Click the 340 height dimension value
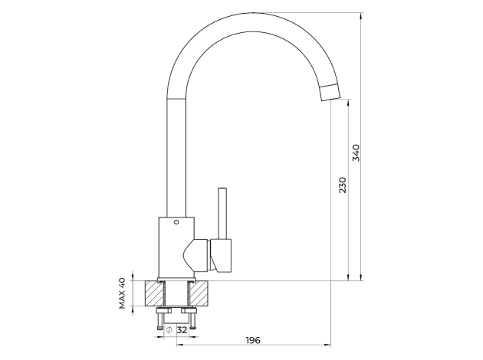[356, 152]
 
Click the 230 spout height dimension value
[342, 185]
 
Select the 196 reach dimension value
[254, 339]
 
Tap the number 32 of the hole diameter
[182, 329]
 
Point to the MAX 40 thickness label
[122, 293]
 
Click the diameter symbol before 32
[169, 329]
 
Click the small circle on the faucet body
[176, 223]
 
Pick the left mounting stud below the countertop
[159, 317]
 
